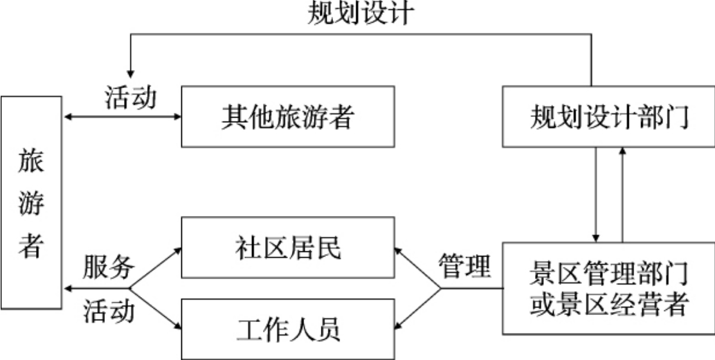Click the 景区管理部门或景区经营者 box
coord(608,288)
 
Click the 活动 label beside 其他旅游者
coord(131,98)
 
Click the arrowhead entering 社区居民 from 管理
coord(399,248)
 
